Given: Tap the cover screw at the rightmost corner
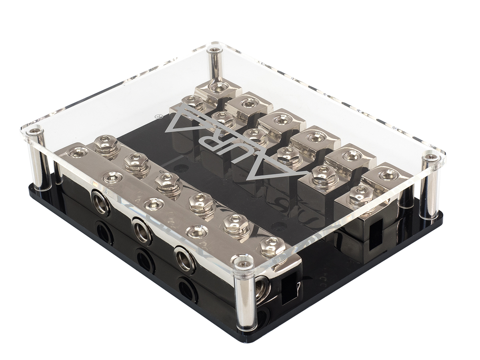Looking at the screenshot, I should pyautogui.click(x=432, y=157).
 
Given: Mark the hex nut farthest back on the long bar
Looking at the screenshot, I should pyautogui.click(x=106, y=143).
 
